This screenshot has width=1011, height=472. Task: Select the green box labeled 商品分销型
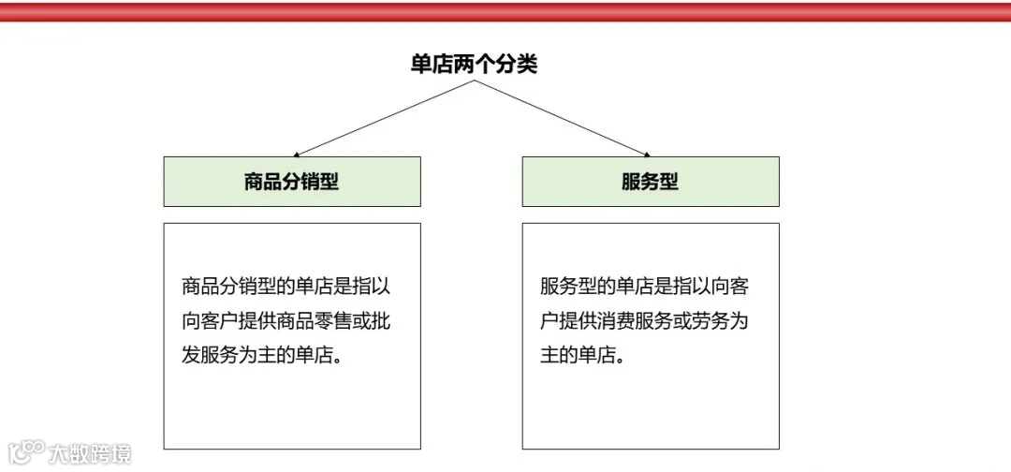pos(292,182)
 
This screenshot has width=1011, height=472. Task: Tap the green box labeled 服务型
pos(650,182)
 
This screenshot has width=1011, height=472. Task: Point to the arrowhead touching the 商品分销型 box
pos(296,155)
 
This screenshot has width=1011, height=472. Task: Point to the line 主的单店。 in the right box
pos(582,356)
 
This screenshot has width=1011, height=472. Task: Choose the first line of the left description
pos(285,287)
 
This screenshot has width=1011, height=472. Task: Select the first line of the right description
pos(644,287)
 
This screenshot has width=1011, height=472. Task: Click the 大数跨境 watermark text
pos(90,454)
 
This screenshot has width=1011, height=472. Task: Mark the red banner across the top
pos(505,11)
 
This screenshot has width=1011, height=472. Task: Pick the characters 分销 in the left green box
pos(292,182)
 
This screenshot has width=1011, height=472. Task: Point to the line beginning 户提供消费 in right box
pos(644,321)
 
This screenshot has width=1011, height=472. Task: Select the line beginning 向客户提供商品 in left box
pos(285,321)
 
